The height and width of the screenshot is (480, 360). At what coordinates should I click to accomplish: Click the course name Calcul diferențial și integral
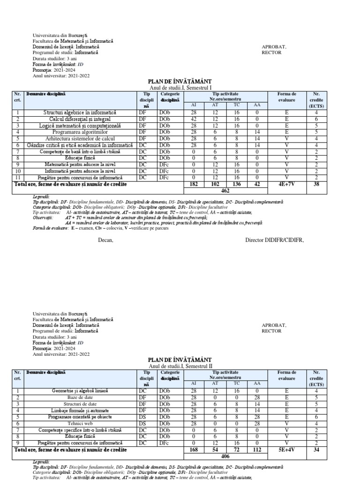(x=79, y=120)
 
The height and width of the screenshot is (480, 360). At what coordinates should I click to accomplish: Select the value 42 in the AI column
(x=193, y=120)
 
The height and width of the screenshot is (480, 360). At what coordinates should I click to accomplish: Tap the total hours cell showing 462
(x=225, y=191)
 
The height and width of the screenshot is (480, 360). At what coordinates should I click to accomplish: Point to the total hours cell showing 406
(x=225, y=456)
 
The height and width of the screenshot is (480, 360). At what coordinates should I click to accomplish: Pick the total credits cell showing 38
(x=316, y=185)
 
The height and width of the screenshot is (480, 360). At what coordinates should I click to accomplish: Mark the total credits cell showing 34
(x=316, y=449)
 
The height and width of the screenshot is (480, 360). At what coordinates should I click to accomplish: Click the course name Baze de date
(x=79, y=397)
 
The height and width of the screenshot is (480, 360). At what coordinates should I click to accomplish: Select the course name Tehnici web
(x=79, y=423)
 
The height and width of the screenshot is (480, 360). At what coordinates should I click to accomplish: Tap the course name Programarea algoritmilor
(x=79, y=132)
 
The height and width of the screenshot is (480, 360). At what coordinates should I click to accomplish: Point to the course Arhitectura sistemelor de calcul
(x=79, y=139)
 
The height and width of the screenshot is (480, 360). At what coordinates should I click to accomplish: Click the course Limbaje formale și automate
(x=79, y=410)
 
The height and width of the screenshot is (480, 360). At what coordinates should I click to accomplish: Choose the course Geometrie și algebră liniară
(x=79, y=390)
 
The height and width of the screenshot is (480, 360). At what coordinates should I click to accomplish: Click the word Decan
(x=105, y=240)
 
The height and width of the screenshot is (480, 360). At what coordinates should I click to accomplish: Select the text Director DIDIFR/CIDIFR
(x=274, y=240)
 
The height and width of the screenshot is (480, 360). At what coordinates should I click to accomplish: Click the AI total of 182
(x=193, y=185)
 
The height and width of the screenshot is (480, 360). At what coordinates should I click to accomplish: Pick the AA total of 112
(x=257, y=449)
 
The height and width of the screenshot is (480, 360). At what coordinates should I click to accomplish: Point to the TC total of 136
(x=236, y=185)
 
